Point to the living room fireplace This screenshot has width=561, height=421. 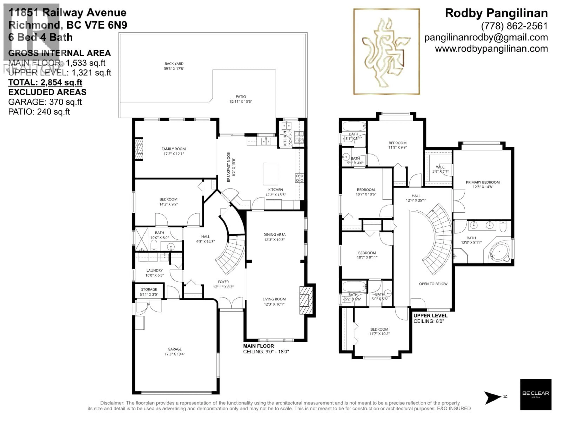tap(306, 300)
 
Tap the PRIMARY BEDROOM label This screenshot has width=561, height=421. tap(483, 182)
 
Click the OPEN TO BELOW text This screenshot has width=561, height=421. tap(433, 284)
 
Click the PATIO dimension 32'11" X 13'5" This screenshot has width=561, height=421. tap(240, 101)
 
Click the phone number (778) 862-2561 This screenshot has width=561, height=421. tap(514, 26)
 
